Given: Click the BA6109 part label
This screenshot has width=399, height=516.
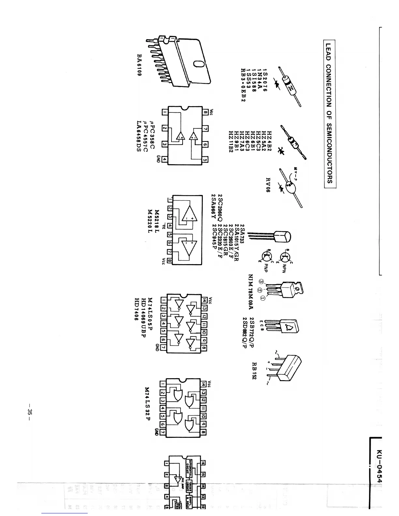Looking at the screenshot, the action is click(139, 65).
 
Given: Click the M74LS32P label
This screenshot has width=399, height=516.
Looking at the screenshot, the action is click(147, 404).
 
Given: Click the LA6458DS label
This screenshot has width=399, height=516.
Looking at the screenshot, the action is click(139, 138).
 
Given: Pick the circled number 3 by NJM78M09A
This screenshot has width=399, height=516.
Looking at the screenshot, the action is click(260, 281).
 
